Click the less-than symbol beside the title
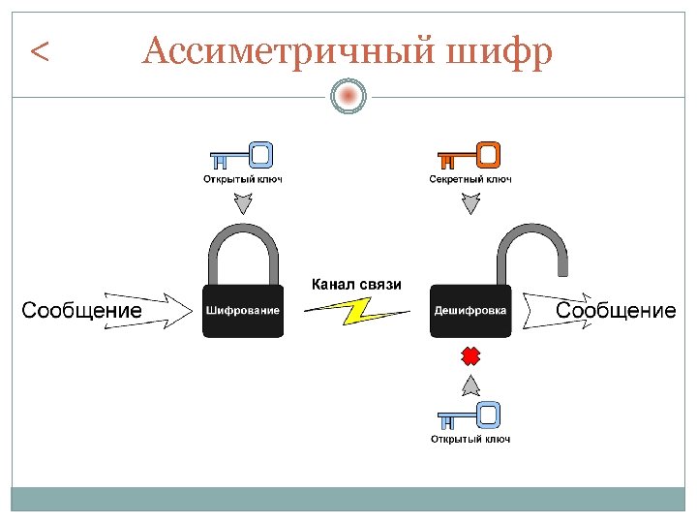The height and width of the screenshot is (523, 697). click(x=40, y=51)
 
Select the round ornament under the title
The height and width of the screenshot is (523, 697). click(x=348, y=96)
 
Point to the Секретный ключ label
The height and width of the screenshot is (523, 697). click(x=470, y=179)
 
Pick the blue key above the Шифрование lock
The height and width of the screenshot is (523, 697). click(x=242, y=155)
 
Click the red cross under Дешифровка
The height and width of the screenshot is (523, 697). click(x=470, y=356)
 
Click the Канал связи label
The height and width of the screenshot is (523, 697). click(x=355, y=285)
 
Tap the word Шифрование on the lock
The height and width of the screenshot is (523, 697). click(x=243, y=311)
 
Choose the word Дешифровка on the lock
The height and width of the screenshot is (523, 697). click(x=470, y=311)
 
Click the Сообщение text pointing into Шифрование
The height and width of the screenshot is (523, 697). click(x=81, y=311)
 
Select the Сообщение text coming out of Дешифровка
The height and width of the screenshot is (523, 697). click(x=616, y=311)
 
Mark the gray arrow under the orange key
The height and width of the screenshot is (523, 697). click(x=470, y=203)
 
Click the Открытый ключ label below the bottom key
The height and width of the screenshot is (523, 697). click(x=470, y=440)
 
